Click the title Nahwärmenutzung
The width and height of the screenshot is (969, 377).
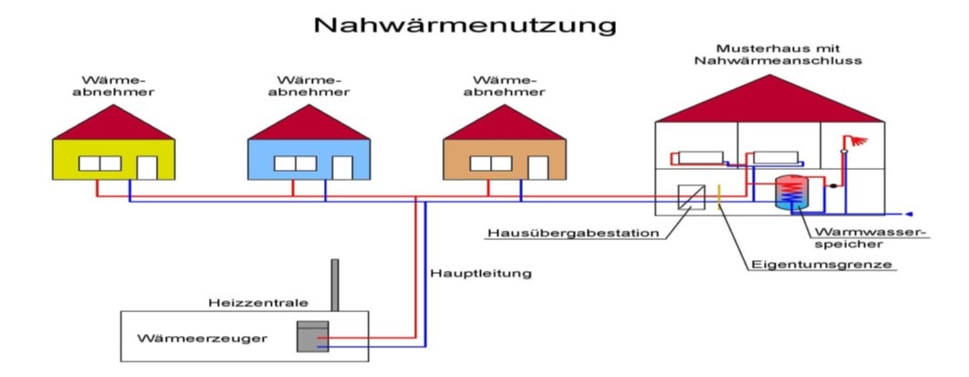point(464,25)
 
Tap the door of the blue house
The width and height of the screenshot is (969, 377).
point(342,168)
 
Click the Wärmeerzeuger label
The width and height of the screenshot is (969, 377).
point(203,340)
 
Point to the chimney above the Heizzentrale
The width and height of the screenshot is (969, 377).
point(335,285)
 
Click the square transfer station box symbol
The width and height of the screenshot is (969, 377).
point(691,196)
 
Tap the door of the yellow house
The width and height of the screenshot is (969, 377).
point(146,168)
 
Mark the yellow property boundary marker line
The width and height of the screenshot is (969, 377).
point(719,195)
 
